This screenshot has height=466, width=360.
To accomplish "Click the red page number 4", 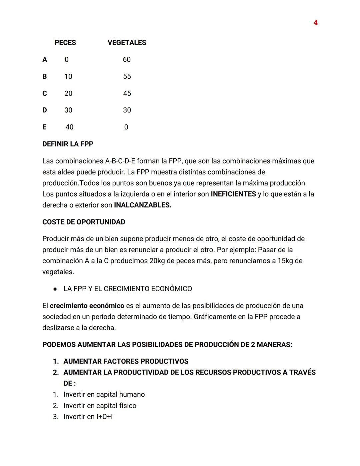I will tap(315, 23).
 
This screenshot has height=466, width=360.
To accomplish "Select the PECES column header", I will tap(65, 43).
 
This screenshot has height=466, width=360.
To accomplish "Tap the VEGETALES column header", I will tap(127, 43).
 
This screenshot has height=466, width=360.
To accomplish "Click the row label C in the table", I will tap(45, 93).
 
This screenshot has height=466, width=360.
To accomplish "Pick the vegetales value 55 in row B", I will tap(127, 76).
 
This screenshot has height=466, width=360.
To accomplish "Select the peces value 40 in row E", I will tap(69, 127).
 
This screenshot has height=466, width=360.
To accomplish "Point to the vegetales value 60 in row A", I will tap(127, 59).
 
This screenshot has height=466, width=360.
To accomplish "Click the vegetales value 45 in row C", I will tap(127, 93).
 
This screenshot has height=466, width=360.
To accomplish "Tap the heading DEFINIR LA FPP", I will tap(68, 144).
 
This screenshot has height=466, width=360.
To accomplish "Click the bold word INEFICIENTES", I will tap(233, 194).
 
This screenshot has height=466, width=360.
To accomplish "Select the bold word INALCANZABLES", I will tap(143, 205).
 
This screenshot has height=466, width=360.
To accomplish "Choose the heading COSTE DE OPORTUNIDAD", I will tap(84, 222).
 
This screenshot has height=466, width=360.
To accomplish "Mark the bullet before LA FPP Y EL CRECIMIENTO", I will tap(55, 289).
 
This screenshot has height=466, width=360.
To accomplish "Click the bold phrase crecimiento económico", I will tap(87, 306).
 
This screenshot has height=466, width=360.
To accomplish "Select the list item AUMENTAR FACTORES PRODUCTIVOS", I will tap(126, 362).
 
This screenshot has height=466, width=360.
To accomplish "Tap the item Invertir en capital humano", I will tap(104, 395).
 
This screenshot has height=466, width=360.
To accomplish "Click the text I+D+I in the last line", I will tap(104, 417).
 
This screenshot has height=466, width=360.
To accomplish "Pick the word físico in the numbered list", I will tap(128, 406).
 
